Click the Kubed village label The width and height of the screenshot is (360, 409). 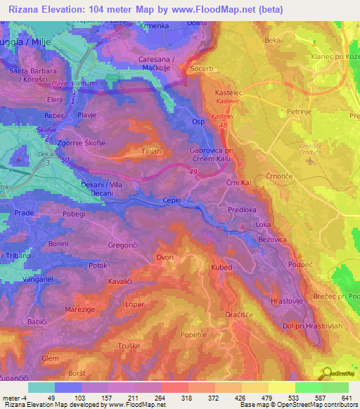220,267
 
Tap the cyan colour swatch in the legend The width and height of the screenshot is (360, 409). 41,387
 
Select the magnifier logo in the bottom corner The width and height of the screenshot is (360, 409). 327,373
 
